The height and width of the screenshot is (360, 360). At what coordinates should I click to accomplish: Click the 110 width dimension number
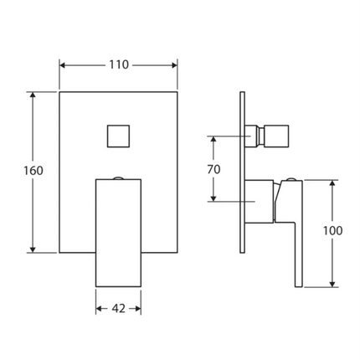click(118, 65)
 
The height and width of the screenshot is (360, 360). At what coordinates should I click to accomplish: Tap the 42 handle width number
click(118, 308)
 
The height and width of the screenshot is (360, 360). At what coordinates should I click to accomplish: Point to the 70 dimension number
click(213, 169)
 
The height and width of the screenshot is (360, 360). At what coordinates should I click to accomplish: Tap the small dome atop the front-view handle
click(119, 177)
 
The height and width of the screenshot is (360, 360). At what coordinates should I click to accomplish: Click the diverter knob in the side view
click(274, 136)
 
